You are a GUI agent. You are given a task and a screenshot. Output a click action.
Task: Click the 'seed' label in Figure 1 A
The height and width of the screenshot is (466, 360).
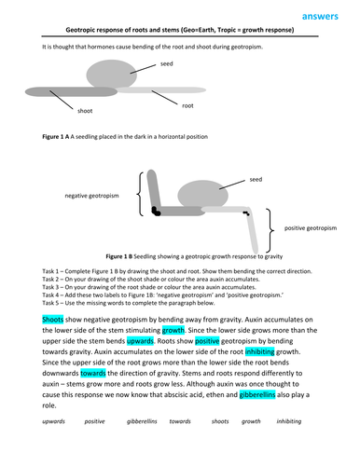pos(167,63)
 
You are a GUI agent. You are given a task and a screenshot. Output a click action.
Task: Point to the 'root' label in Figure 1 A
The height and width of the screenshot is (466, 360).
pos(187,105)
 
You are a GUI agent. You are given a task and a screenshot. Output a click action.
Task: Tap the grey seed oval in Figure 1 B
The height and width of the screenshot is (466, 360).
pos(205,199)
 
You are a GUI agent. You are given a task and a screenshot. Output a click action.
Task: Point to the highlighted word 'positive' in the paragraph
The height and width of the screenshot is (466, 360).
pos(208,342)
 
